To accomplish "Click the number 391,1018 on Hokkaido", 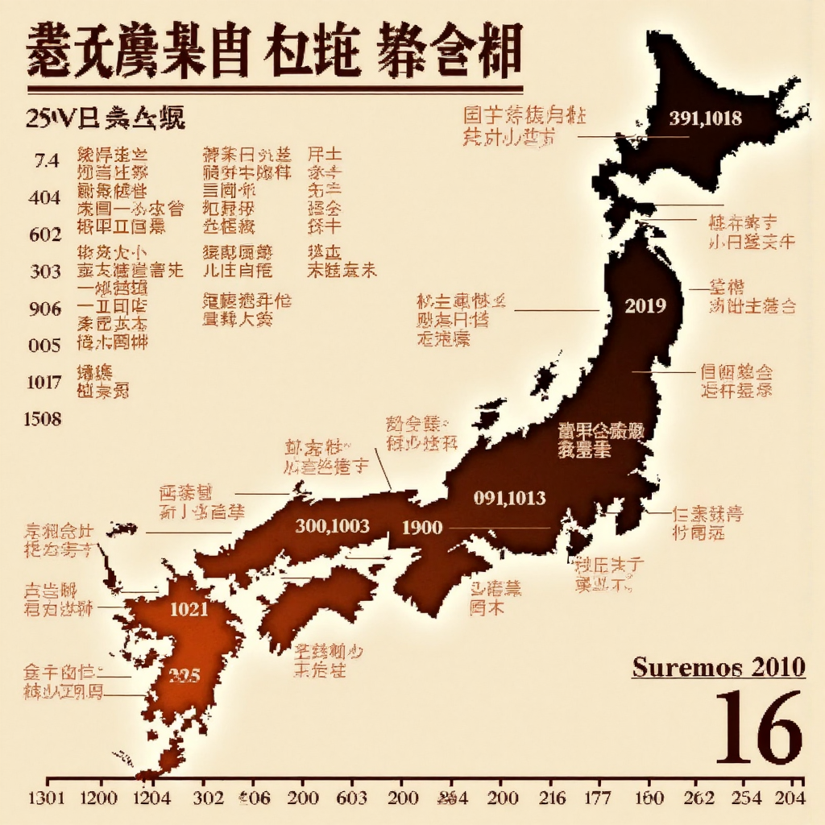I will (x=705, y=118).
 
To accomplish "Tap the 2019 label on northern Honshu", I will (x=645, y=305).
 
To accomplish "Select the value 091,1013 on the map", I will (x=509, y=498).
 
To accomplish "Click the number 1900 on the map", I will (x=422, y=528).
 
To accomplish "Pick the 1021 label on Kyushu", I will (x=189, y=609).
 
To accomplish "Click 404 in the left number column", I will (x=44, y=197).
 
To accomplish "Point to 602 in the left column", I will (x=44, y=234).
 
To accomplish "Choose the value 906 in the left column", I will (x=44, y=308).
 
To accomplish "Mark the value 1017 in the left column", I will (x=44, y=382).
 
